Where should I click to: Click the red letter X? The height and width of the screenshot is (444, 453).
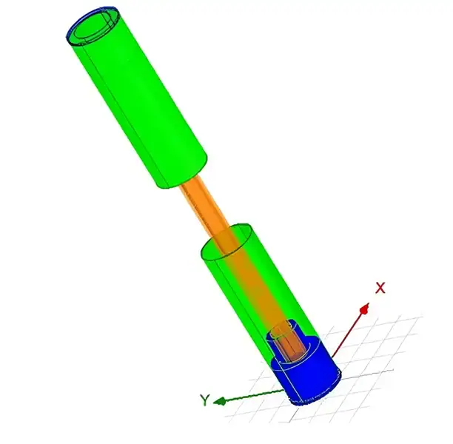tap(380, 288)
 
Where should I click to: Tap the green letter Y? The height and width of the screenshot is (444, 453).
tap(204, 400)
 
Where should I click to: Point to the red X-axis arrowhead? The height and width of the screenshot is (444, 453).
tap(365, 309)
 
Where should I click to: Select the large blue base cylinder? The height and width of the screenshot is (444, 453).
tap(306, 375)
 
